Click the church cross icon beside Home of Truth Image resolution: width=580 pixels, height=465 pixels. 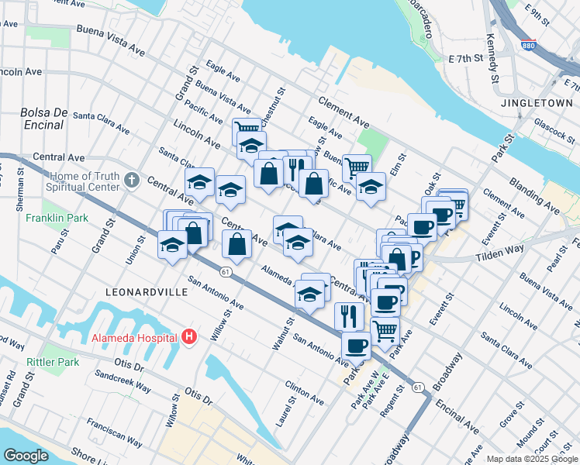[x=131, y=181]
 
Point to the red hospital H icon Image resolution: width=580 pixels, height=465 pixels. [x=188, y=337]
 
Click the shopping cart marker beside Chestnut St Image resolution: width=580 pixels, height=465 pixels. [x=247, y=129]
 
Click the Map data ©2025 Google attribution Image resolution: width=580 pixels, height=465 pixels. [x=531, y=459]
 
